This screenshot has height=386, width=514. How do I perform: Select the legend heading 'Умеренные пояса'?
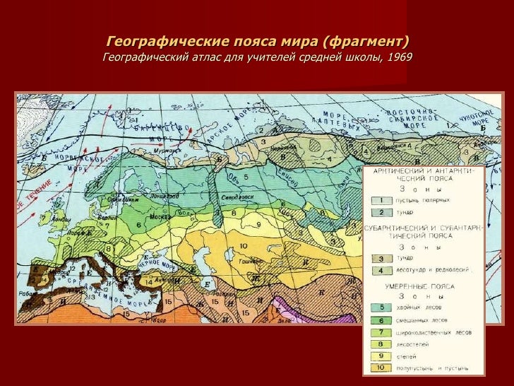coord(419,287)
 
